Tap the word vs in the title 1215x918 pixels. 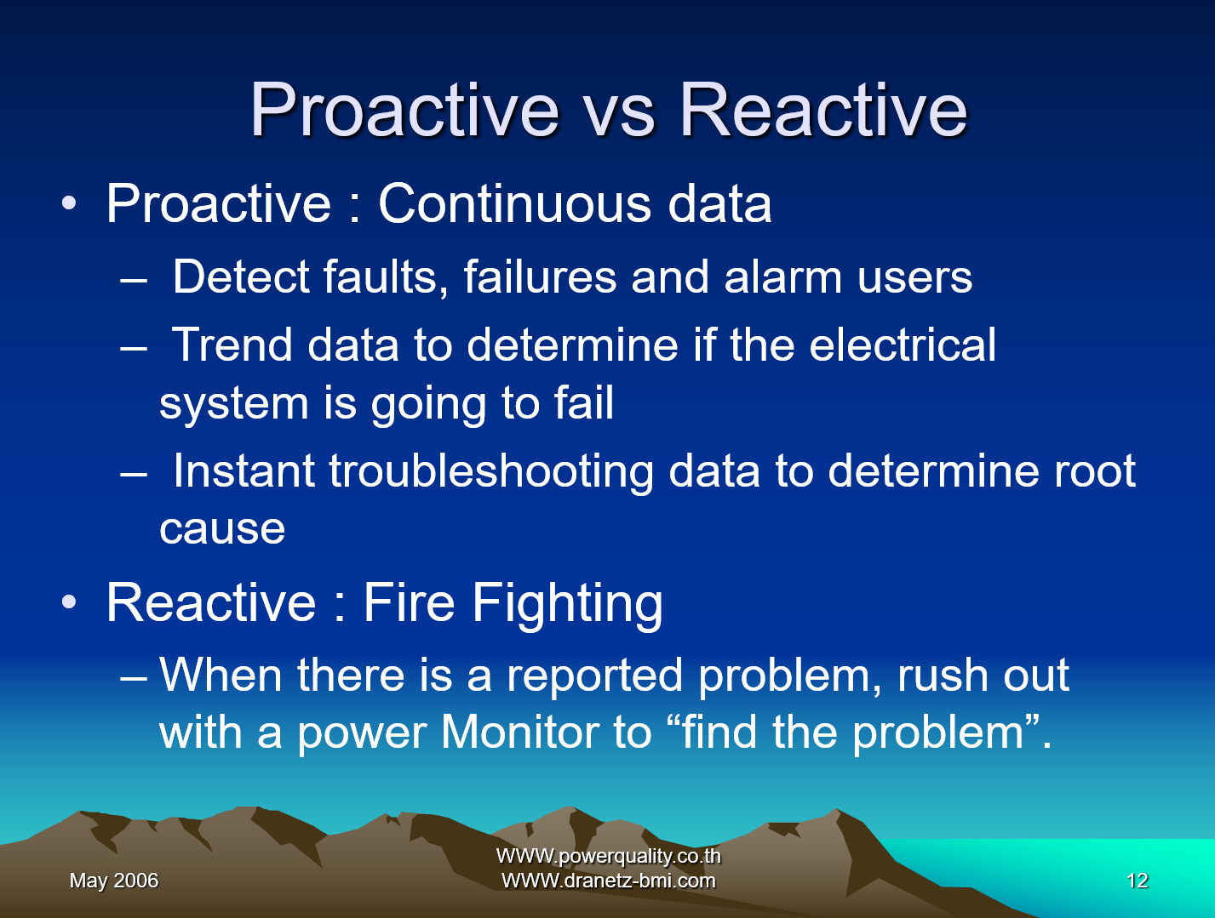(x=620, y=117)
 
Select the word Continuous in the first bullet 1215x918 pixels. (x=515, y=203)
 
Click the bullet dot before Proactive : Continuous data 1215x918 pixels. (x=69, y=203)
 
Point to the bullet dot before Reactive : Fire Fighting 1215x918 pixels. (x=69, y=602)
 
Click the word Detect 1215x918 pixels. (x=241, y=277)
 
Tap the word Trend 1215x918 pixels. (x=232, y=345)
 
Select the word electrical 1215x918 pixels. (x=903, y=345)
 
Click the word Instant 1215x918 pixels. (x=244, y=470)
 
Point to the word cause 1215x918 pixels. (x=222, y=528)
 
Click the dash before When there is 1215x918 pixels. (x=134, y=677)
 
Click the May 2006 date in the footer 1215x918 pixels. (x=114, y=881)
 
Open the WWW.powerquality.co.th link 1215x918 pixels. (x=608, y=856)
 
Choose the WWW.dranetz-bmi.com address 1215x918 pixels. (x=608, y=881)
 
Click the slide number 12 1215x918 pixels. (x=1137, y=881)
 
